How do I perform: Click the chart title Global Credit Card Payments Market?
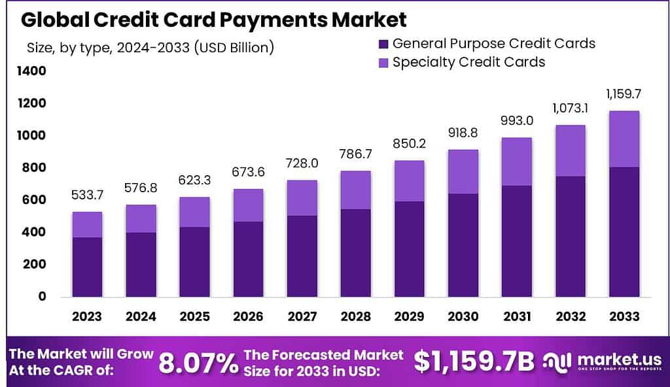(213, 19)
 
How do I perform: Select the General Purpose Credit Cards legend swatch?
(383, 44)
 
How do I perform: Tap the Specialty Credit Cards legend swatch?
(383, 63)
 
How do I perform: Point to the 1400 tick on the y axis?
(33, 71)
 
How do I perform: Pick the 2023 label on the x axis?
(87, 317)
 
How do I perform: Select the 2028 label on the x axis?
(355, 317)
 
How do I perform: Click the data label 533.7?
(87, 195)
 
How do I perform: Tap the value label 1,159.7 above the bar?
(624, 94)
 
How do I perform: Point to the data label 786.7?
(355, 155)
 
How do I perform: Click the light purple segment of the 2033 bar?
(624, 139)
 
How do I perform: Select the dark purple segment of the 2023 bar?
(87, 267)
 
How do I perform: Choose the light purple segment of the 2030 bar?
(463, 171)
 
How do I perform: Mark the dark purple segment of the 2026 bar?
(248, 259)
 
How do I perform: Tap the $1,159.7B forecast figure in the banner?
(474, 362)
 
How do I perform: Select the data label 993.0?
(516, 122)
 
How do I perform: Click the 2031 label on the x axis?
(516, 317)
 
